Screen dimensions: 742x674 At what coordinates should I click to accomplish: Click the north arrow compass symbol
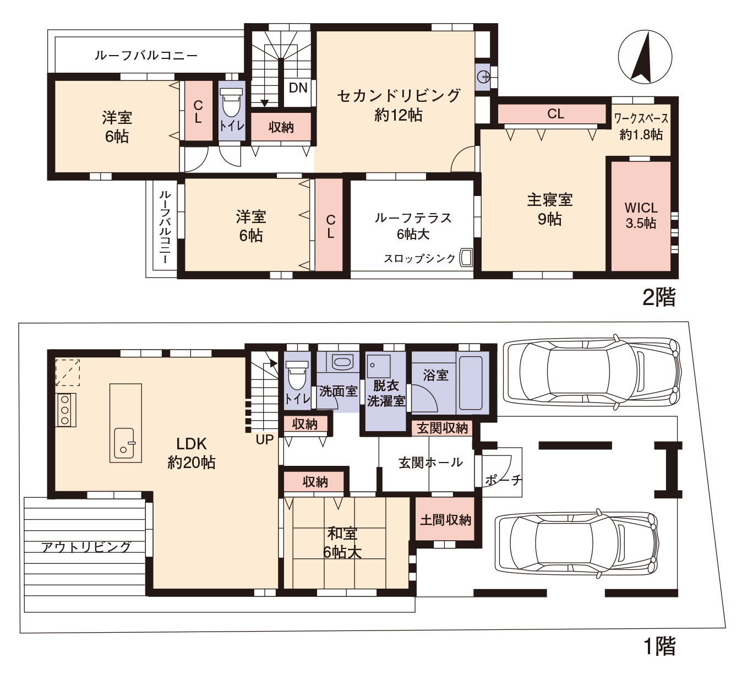645,57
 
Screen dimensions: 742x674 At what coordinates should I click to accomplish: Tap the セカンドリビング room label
399,96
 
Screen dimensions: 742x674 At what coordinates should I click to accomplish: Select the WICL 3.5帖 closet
641,216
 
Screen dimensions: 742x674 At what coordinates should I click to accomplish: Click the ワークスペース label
641,119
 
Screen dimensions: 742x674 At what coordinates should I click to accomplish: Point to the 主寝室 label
550,200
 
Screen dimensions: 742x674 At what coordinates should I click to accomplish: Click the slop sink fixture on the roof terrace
466,258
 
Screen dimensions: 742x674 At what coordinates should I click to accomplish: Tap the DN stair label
298,88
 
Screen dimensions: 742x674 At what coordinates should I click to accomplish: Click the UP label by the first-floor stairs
264,440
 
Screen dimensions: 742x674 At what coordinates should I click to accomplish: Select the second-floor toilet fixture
232,103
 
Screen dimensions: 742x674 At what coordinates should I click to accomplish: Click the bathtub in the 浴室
471,383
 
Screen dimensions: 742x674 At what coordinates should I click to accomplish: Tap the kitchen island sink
124,443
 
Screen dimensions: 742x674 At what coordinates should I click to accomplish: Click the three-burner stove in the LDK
66,410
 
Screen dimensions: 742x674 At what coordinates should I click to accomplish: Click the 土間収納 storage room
445,519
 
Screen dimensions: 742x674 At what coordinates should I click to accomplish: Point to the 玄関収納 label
443,428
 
